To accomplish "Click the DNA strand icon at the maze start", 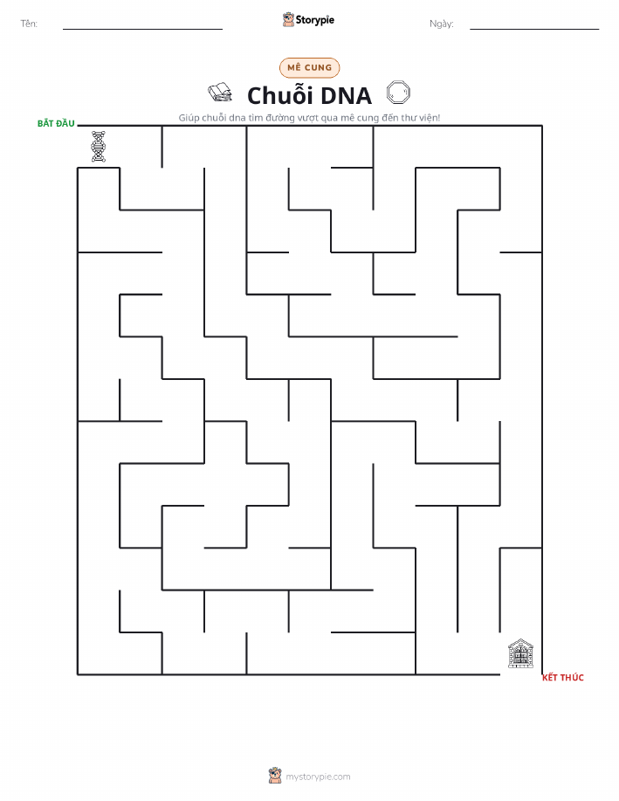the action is point(99,147).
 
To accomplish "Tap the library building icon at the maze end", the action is point(520,653).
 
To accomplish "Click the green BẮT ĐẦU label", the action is point(56,124).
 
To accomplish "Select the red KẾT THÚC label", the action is point(563,677).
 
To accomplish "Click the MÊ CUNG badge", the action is point(309,67).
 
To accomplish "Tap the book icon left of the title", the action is point(220,92).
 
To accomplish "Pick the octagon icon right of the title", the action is point(398,92).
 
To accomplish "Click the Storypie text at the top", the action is point(315,20).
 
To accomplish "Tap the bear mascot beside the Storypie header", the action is point(289,19).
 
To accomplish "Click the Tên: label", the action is point(29,24).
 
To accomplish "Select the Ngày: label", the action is point(442,24).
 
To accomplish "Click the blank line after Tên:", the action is point(142,29).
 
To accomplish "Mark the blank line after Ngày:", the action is point(534,29).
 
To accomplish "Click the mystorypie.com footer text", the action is point(318,777).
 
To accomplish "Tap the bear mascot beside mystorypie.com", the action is point(275,776).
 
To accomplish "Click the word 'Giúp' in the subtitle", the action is point(189,118).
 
